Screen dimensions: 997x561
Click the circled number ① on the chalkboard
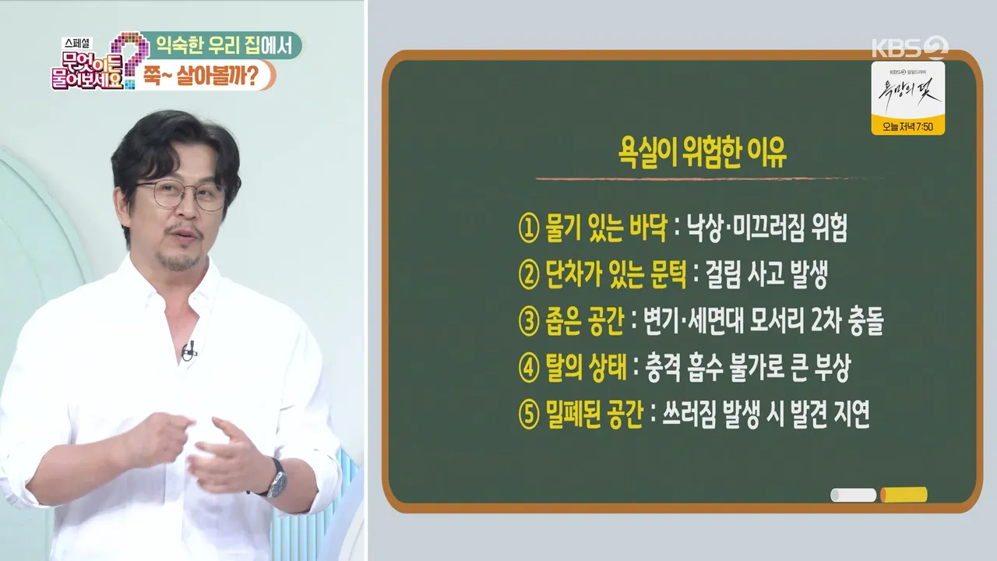click(x=529, y=228)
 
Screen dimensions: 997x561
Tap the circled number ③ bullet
click(x=529, y=321)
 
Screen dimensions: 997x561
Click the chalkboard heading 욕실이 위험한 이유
click(x=703, y=152)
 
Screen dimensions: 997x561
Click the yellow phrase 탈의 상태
click(x=586, y=367)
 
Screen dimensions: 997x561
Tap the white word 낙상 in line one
click(x=704, y=228)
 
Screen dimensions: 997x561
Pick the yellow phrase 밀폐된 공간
click(x=594, y=414)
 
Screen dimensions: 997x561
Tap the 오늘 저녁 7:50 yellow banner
click(x=908, y=126)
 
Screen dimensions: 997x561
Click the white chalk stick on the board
click(x=853, y=495)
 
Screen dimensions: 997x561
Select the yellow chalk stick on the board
click(x=904, y=495)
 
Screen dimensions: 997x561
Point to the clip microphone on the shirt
click(x=188, y=351)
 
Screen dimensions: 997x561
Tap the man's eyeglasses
click(x=181, y=195)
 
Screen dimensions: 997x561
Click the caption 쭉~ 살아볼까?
click(x=200, y=76)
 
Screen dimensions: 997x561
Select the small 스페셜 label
click(x=76, y=43)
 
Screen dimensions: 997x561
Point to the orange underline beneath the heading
click(x=710, y=178)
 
